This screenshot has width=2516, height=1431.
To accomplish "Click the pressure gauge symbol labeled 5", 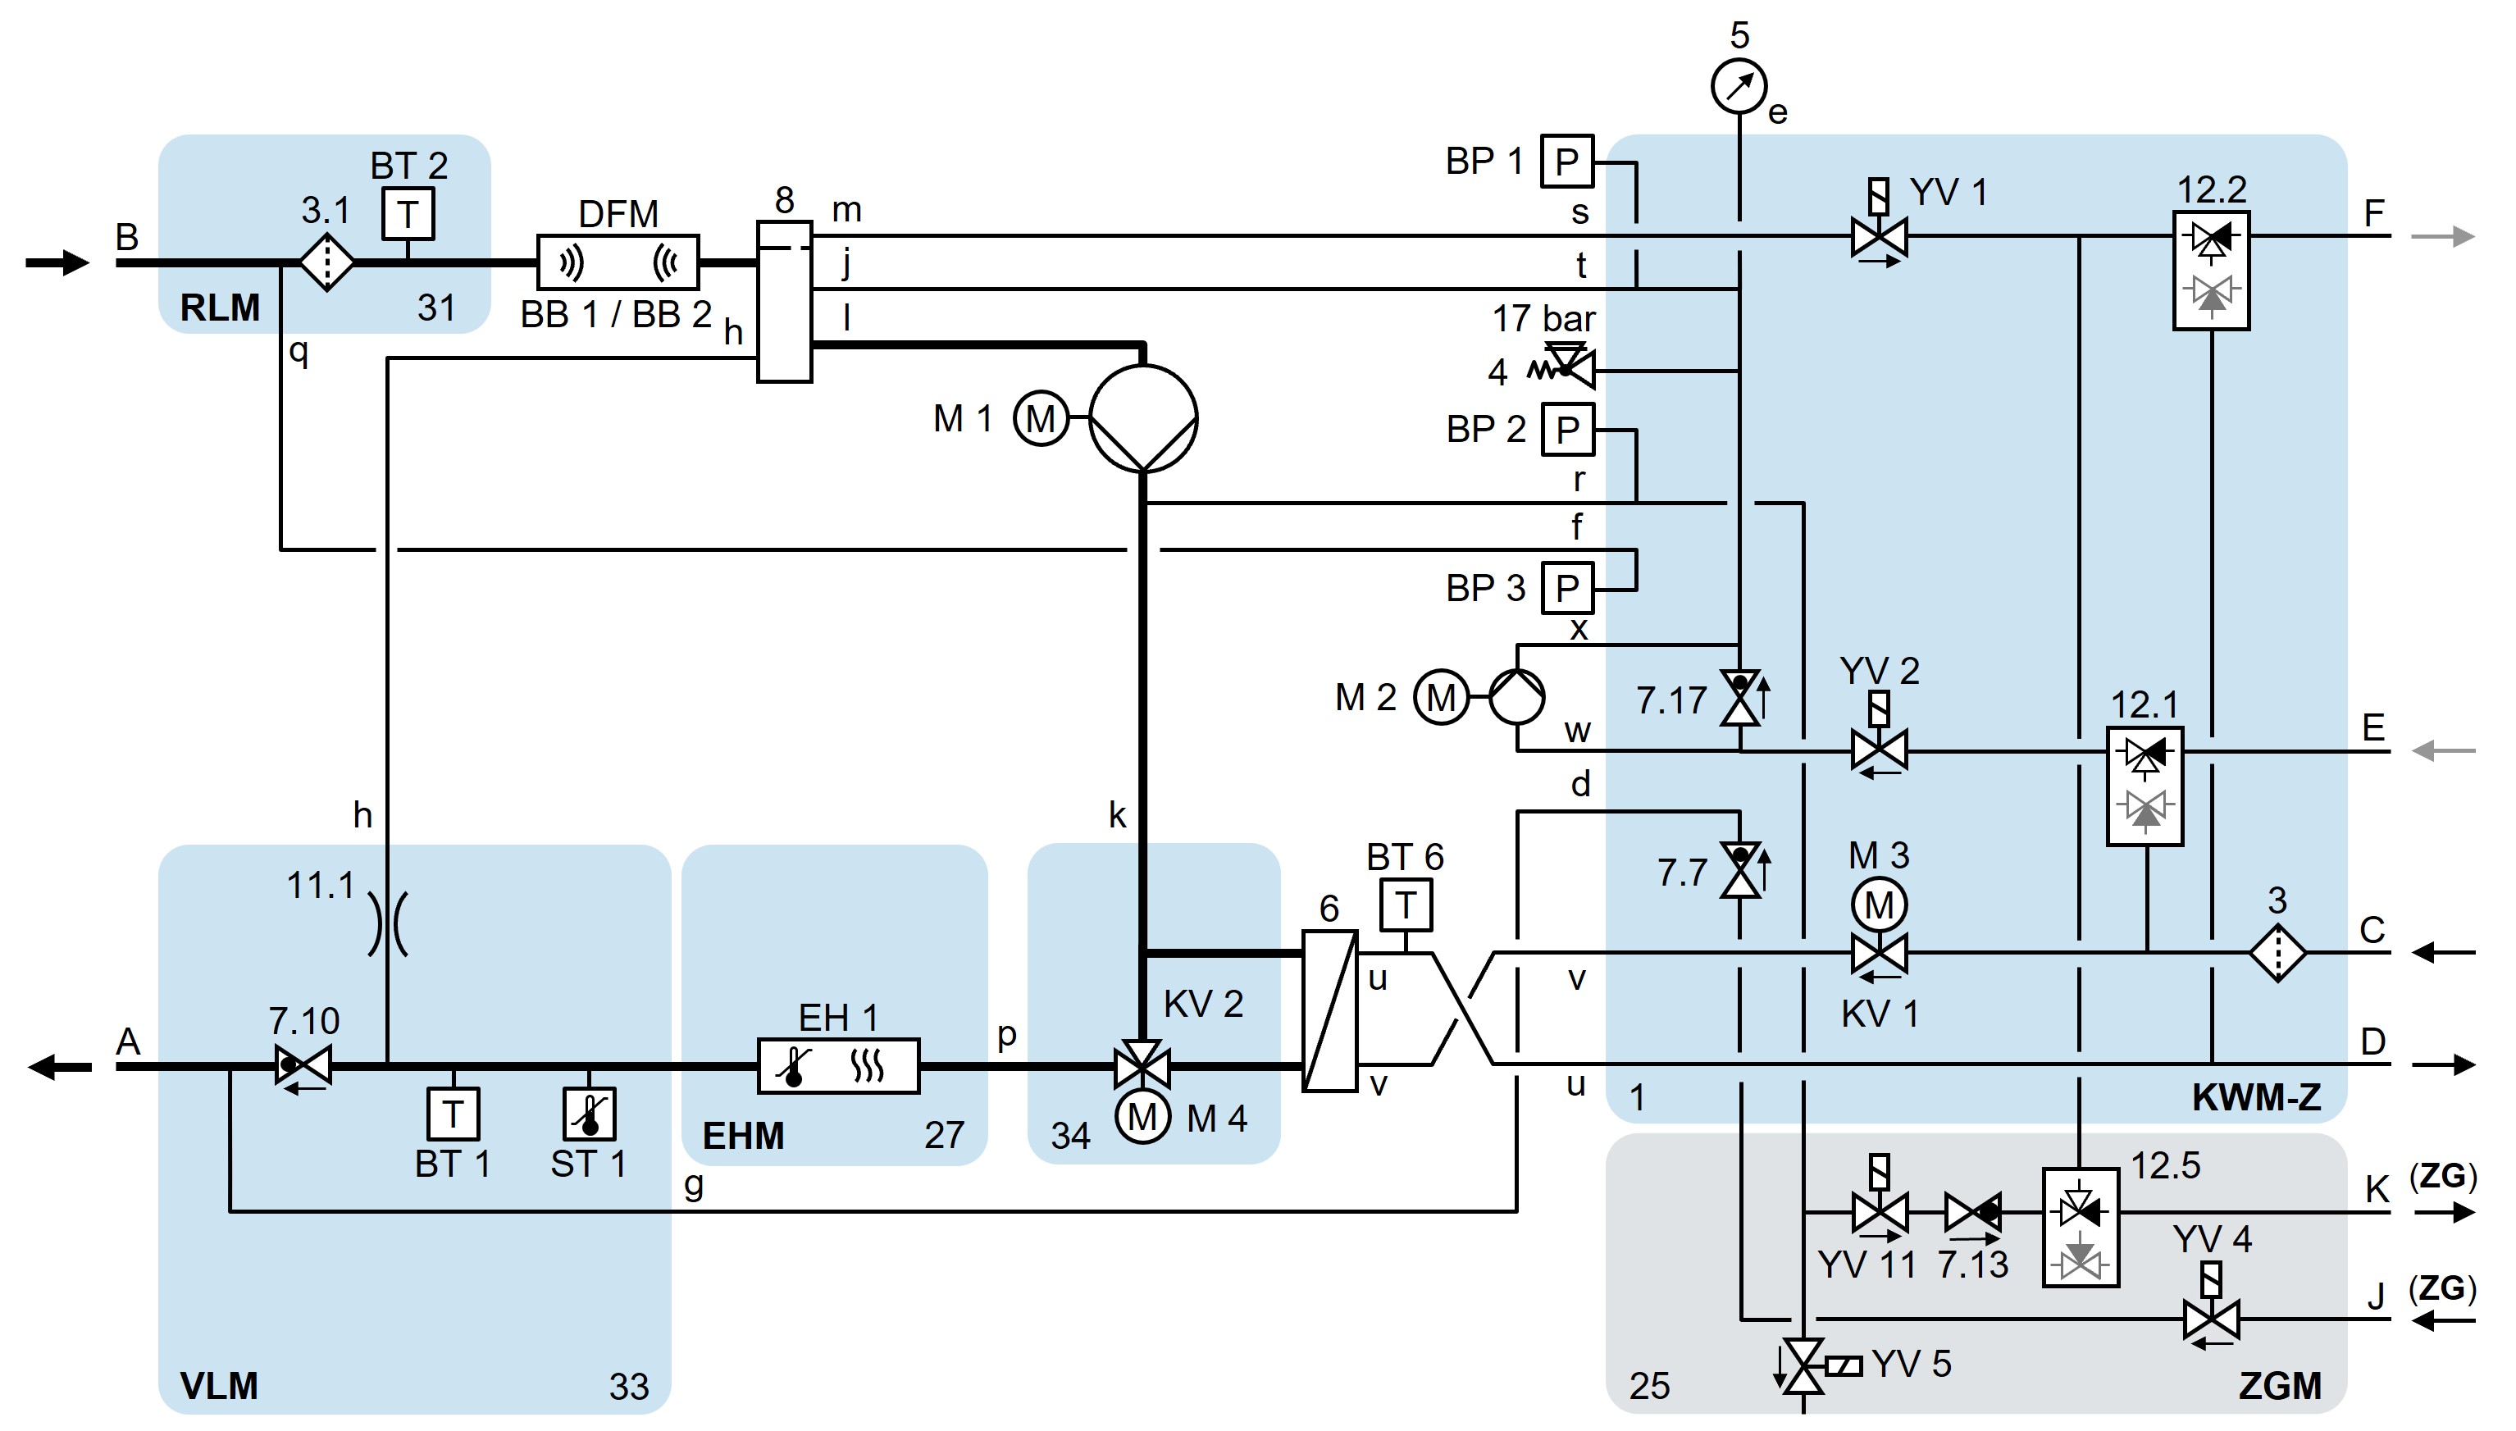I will pyautogui.click(x=1739, y=86).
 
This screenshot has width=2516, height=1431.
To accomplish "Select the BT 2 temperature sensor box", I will pyautogui.click(x=408, y=213).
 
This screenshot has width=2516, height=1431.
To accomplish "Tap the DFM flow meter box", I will pyautogui.click(x=618, y=262).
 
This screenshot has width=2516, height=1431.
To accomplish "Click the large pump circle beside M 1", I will pyautogui.click(x=1143, y=419).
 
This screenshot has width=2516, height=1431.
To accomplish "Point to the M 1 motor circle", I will pyautogui.click(x=1041, y=419).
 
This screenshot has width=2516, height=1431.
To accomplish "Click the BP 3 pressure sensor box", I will pyautogui.click(x=1566, y=588).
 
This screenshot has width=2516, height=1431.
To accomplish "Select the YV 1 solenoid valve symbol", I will pyautogui.click(x=1879, y=237).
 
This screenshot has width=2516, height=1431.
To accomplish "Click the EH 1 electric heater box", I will pyautogui.click(x=838, y=1065).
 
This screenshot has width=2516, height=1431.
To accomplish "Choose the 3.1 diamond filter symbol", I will pyautogui.click(x=326, y=262).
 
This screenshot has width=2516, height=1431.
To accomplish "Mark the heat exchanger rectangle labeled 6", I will pyautogui.click(x=1329, y=1010).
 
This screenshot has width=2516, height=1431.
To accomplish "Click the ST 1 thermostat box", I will pyautogui.click(x=589, y=1114).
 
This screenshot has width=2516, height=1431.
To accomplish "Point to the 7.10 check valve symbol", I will pyautogui.click(x=303, y=1065).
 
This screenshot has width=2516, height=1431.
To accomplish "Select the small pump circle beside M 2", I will pyautogui.click(x=1516, y=697).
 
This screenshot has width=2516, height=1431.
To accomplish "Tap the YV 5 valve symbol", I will pyautogui.click(x=1803, y=1366).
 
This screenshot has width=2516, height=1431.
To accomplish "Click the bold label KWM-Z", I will pyautogui.click(x=2257, y=1098).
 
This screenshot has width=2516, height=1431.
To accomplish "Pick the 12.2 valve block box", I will pyautogui.click(x=2211, y=271).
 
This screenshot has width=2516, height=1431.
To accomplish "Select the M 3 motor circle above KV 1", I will pyautogui.click(x=1879, y=905).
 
